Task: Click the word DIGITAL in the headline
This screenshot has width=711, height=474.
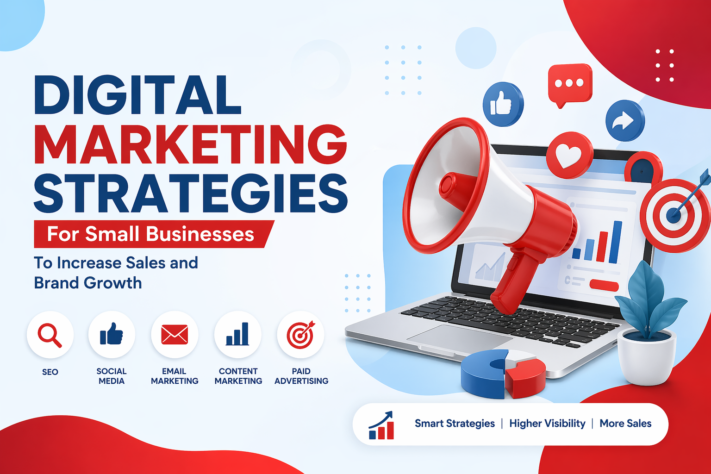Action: point(137,94)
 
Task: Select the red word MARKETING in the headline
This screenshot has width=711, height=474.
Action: point(190,144)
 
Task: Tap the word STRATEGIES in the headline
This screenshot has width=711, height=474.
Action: point(190,193)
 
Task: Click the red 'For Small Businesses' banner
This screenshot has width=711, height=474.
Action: point(154,234)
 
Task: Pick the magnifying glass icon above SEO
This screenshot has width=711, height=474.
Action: point(50,335)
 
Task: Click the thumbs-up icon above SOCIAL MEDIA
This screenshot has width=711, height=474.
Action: point(112,334)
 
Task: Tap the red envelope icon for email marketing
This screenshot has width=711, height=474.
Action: point(175,335)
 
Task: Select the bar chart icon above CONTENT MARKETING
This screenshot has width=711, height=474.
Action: point(237,334)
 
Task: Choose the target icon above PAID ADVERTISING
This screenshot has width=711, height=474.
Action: point(300,334)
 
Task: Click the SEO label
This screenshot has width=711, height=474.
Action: point(50,372)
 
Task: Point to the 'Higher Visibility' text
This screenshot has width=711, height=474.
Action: point(547,424)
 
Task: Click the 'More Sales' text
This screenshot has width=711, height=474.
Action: point(625,424)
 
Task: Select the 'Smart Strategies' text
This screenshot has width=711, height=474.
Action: point(455,424)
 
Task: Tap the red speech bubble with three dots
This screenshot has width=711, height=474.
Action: point(570,84)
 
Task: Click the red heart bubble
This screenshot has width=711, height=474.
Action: point(569,155)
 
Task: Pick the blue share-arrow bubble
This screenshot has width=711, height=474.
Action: point(625,121)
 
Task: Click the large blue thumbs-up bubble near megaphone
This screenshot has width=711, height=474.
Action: point(503,104)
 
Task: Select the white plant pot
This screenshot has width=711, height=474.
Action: point(647,357)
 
